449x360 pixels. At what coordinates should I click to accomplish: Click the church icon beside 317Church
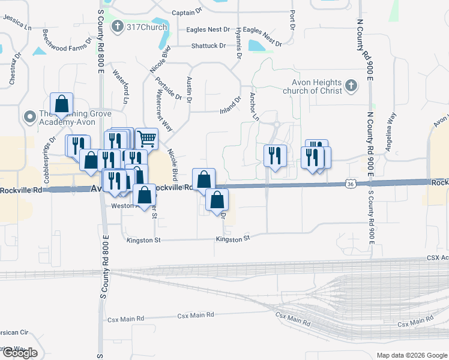pyautogui.click(x=117, y=26)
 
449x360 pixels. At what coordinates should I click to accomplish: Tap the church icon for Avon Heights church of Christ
pyautogui.click(x=352, y=86)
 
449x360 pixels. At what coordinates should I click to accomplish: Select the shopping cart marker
pyautogui.click(x=146, y=139)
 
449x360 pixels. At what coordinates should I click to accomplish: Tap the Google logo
pyautogui.click(x=19, y=353)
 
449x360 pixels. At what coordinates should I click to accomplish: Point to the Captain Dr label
pyautogui.click(x=187, y=13)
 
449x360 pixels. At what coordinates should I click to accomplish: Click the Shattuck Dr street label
pyautogui.click(x=208, y=46)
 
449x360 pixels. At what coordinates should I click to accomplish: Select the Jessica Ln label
pyautogui.click(x=17, y=23)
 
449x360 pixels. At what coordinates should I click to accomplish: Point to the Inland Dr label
pyautogui.click(x=231, y=104)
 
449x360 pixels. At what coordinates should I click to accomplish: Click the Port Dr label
pyautogui.click(x=292, y=19)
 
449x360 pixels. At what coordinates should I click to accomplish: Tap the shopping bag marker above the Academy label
pyautogui.click(x=61, y=104)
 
